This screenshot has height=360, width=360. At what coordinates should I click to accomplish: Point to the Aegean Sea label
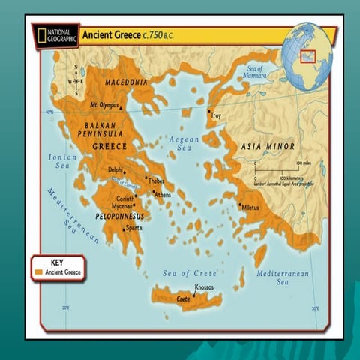[x=183, y=144]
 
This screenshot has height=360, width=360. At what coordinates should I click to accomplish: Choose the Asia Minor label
[x=267, y=145]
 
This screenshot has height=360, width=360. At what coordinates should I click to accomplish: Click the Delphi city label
[x=115, y=170]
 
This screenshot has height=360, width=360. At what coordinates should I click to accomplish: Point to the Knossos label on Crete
[x=204, y=287]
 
